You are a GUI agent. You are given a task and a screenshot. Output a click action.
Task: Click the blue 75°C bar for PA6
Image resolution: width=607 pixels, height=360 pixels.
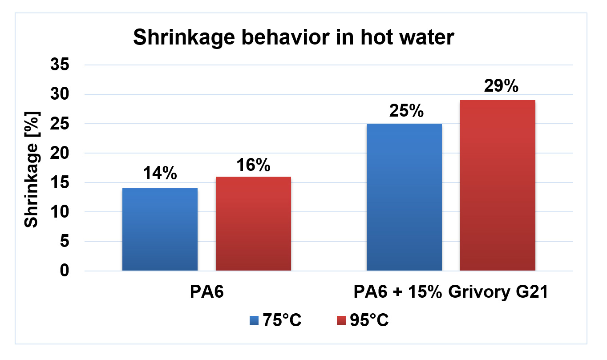coord(159,229)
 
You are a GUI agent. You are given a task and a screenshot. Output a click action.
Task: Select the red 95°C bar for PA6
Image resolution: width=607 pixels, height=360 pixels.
coord(253,223)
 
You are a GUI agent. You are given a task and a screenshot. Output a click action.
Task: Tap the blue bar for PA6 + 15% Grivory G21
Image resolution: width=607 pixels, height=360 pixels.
coord(404,197)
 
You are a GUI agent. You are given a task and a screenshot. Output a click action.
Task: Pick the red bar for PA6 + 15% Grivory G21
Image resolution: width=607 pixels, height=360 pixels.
coord(498,185)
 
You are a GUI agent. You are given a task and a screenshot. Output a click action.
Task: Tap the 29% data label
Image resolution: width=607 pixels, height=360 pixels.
coord(498,86)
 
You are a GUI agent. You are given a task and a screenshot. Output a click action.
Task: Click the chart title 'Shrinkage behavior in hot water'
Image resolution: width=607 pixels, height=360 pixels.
coord(293,38)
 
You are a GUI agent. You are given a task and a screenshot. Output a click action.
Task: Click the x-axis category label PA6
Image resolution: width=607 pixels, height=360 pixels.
coord(206,293)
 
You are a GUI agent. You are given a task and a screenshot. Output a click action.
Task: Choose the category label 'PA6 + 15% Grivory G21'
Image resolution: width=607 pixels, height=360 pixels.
coord(450,293)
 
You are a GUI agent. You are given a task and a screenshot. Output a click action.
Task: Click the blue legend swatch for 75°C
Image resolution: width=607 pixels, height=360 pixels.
coord(254,320)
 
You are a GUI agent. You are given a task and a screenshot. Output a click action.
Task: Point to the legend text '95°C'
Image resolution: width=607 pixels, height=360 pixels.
coord(369,320)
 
